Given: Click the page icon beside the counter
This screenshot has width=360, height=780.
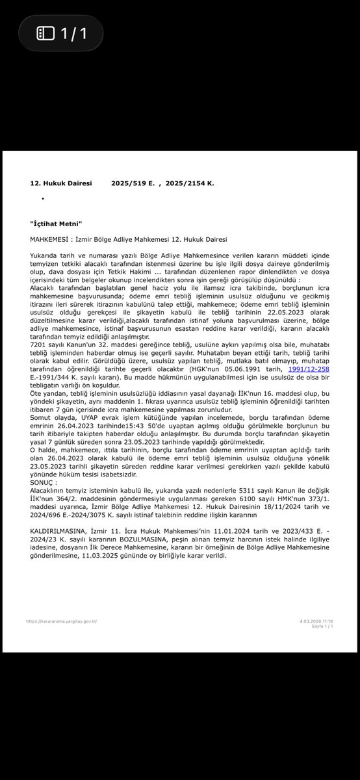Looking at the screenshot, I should coord(46,33).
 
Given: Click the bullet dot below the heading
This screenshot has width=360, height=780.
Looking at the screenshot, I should coord(43,198).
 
